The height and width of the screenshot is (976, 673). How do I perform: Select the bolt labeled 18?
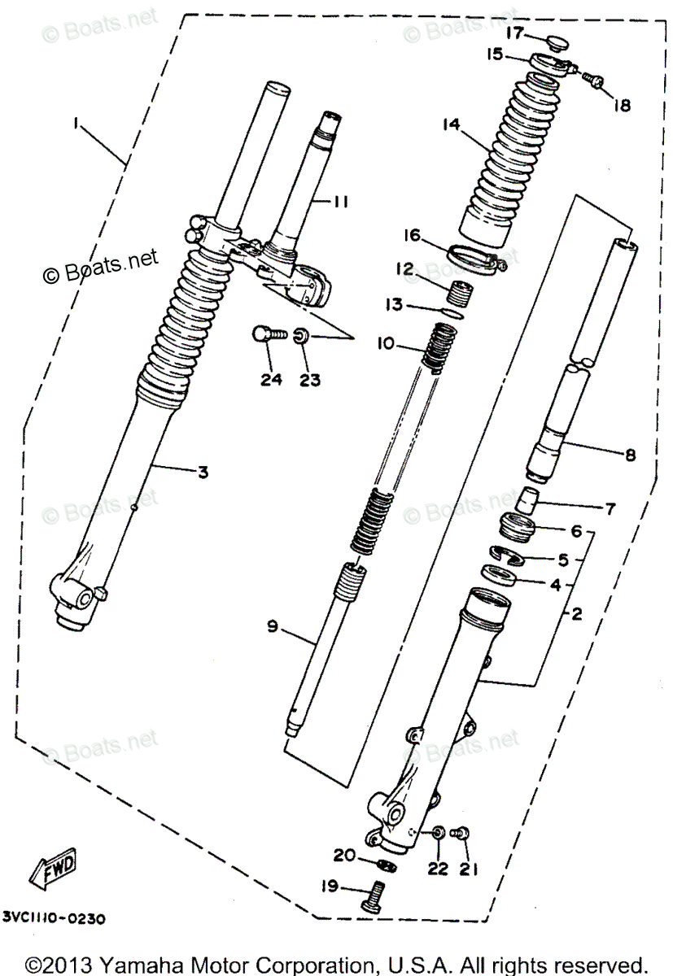tap(595, 80)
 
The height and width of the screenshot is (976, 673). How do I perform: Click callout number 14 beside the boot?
tap(452, 125)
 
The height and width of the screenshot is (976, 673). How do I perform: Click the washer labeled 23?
tap(300, 334)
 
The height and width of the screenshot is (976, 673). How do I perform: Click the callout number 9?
tap(273, 626)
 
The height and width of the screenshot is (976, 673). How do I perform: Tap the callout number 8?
tap(629, 456)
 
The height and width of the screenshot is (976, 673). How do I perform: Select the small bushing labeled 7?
tap(529, 497)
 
